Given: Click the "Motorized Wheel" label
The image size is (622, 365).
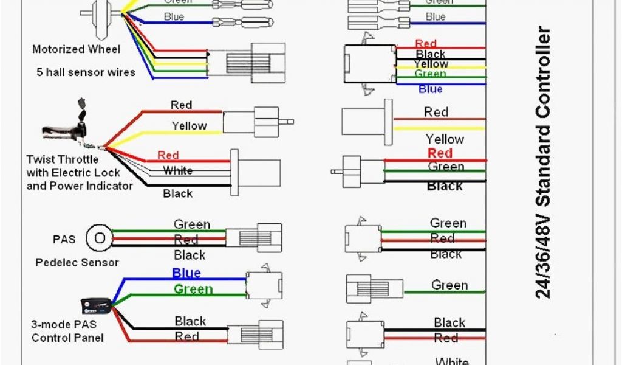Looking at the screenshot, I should (76, 49).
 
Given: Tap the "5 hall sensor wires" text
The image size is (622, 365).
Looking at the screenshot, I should (85, 72).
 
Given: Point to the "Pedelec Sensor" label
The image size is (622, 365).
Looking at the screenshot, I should (77, 263).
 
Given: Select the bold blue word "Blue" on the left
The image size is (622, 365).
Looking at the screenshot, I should (186, 273).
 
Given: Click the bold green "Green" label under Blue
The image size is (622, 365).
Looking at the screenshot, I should (193, 290).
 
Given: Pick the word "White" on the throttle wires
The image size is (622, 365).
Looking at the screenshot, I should (178, 171).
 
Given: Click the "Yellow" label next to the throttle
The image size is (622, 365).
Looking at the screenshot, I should (189, 126).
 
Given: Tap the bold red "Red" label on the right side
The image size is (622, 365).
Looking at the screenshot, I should (440, 153).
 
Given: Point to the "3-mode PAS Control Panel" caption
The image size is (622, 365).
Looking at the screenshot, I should (67, 331).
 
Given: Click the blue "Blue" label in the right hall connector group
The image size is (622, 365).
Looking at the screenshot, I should (430, 89).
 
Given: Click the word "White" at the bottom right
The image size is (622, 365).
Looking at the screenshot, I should (452, 361).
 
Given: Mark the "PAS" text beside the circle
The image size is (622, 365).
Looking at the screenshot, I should (64, 239).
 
